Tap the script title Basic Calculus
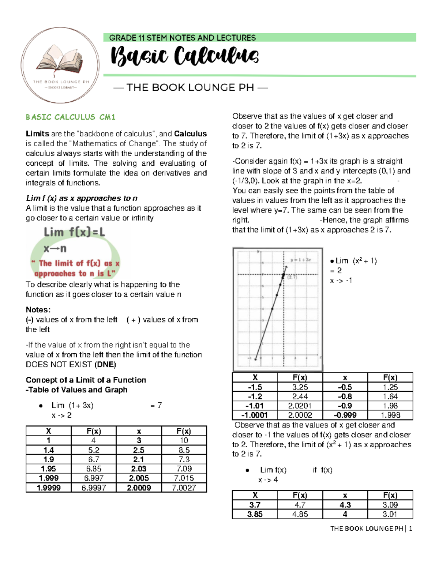click(x=185, y=56)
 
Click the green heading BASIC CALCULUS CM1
click(x=71, y=117)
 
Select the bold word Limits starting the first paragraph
click(x=37, y=134)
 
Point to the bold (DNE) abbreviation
click(x=105, y=365)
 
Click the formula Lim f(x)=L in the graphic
click(x=74, y=232)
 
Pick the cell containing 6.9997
click(x=94, y=488)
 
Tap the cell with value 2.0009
click(x=139, y=488)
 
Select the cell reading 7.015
click(x=184, y=478)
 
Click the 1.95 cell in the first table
click(x=48, y=469)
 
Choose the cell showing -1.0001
click(x=255, y=415)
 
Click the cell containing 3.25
click(x=300, y=387)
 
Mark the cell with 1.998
click(x=390, y=415)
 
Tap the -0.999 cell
click(x=345, y=415)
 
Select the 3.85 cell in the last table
click(x=255, y=514)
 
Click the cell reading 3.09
click(x=390, y=505)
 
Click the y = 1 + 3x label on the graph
click(x=300, y=260)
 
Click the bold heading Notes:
click(x=38, y=310)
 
